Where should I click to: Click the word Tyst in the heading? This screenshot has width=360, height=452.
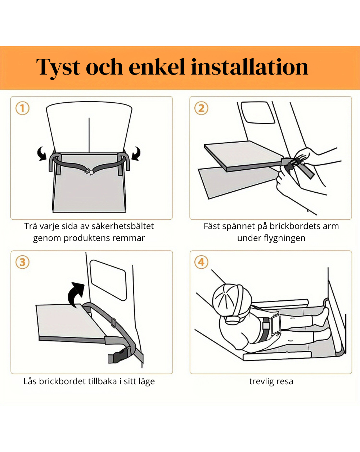pos(58,68)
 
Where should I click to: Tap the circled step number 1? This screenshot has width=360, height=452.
pos(22,108)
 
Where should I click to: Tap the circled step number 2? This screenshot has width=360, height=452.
pos(201,108)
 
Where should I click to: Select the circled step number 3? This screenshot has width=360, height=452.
pos(22,262)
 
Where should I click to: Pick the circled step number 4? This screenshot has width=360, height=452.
pos(201,262)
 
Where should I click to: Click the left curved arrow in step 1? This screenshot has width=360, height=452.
pos(42,153)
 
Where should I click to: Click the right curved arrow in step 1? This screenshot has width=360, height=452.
pos(136,153)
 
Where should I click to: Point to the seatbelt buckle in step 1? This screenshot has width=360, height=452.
pos(89,171)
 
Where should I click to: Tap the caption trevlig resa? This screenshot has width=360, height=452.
pos(271,381)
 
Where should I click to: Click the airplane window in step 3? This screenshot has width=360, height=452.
pos(108,280)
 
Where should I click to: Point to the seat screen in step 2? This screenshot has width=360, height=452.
pos(258,112)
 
